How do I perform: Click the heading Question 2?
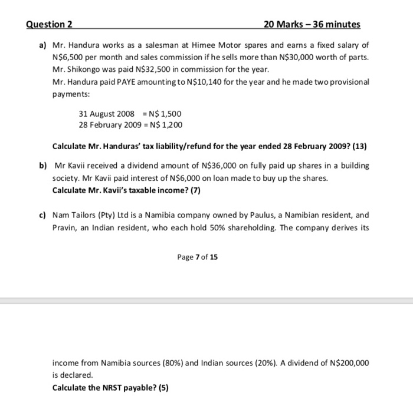[x=50, y=24]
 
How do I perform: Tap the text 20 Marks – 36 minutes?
[x=312, y=24]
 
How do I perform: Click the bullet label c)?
[x=43, y=216]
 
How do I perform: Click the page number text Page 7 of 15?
[x=197, y=258]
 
